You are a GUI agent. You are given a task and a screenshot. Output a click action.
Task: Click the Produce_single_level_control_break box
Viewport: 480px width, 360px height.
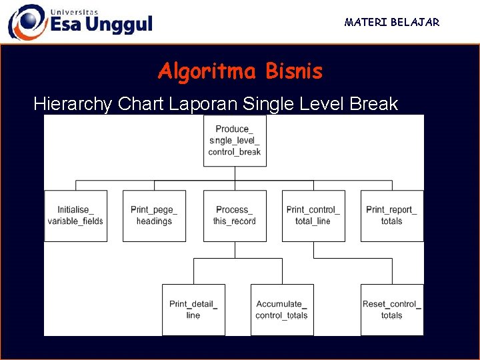point(235,141)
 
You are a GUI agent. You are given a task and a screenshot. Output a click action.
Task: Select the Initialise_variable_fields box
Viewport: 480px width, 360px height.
point(75,215)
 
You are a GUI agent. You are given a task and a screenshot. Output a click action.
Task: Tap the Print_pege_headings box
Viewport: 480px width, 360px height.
point(154,215)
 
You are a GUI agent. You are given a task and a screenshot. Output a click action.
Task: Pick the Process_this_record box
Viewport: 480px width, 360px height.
point(235,215)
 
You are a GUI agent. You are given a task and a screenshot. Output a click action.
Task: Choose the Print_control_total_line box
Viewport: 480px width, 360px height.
point(313,215)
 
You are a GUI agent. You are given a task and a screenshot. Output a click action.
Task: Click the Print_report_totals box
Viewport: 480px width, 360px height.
point(392,215)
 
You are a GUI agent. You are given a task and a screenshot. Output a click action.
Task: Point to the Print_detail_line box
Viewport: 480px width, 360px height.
point(193,309)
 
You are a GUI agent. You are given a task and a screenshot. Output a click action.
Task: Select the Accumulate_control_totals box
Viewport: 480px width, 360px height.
point(282,309)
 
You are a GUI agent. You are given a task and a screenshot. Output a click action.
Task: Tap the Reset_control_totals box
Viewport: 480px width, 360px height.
point(392,309)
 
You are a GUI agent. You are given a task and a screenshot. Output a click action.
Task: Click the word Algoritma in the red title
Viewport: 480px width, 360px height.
point(208,71)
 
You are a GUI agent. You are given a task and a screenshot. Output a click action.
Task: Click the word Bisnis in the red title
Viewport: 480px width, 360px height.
point(293,71)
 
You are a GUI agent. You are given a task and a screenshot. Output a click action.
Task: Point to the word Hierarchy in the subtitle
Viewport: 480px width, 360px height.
point(73,104)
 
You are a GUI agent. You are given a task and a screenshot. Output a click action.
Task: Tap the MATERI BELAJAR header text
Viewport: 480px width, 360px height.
point(392,23)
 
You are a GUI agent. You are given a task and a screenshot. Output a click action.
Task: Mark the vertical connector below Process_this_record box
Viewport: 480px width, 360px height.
point(235,250)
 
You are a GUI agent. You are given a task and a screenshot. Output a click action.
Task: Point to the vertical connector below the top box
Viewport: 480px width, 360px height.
point(235,173)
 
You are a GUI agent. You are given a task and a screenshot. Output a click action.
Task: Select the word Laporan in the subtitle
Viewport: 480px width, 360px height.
point(203,104)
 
